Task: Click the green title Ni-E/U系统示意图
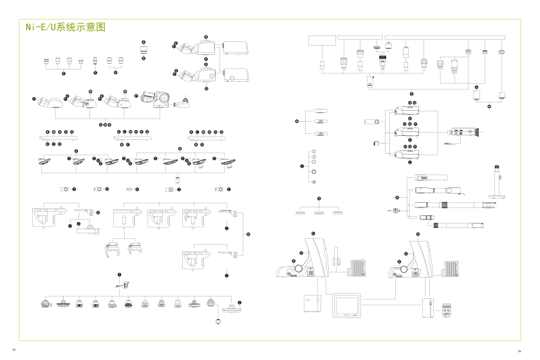pos(64,28)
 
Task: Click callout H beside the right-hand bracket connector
pos(248,234)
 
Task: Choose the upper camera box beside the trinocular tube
pos(236,47)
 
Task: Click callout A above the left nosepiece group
pos(76,150)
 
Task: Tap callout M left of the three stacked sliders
pos(297,120)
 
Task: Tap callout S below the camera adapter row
pos(410,94)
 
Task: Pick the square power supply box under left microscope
pos(312,303)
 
